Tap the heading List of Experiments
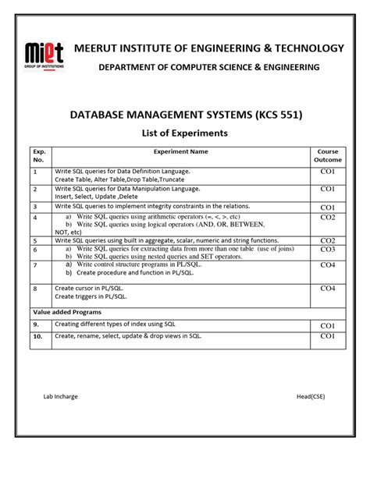pyautogui.click(x=184, y=133)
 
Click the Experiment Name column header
pyautogui.click(x=180, y=151)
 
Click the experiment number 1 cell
pyautogui.click(x=35, y=170)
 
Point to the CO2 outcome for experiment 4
pyautogui.click(x=326, y=217)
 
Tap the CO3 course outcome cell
pyautogui.click(x=326, y=250)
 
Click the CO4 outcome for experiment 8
pyautogui.click(x=326, y=289)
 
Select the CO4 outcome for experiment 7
pyautogui.click(x=326, y=265)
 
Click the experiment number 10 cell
pyautogui.click(x=37, y=336)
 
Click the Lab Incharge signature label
pyautogui.click(x=60, y=397)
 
